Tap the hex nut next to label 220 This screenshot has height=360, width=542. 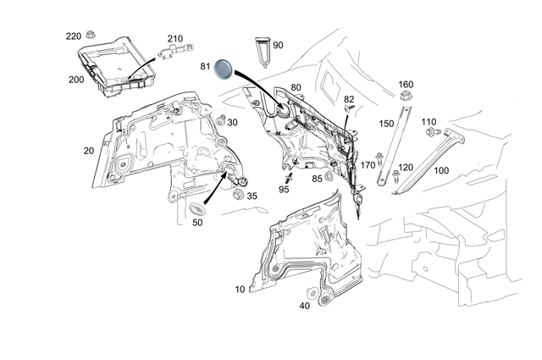[91, 34]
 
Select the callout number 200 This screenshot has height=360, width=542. [76, 80]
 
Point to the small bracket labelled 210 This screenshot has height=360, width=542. [176, 50]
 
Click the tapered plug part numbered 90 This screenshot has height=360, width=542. [263, 52]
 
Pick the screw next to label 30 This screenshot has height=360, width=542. [221, 120]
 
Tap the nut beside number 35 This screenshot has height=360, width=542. [238, 195]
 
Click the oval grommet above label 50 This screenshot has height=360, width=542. [197, 209]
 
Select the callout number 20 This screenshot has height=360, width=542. [88, 151]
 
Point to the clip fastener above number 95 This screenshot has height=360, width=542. [288, 179]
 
